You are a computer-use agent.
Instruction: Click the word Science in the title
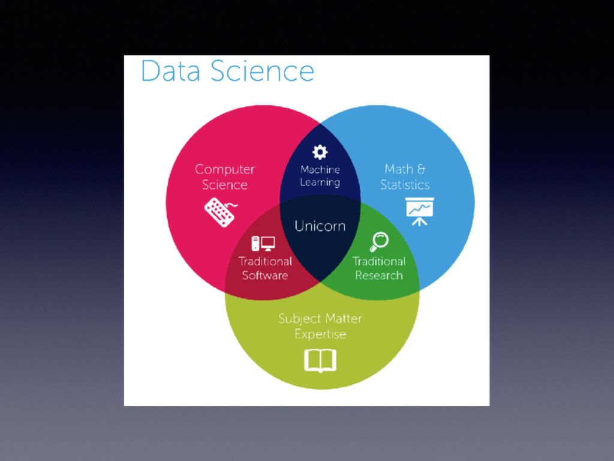(x=263, y=71)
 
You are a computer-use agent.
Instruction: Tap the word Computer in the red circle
(x=225, y=170)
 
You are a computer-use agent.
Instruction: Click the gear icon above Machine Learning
(x=320, y=152)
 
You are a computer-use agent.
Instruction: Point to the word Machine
(x=320, y=170)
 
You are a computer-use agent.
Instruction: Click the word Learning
(x=320, y=182)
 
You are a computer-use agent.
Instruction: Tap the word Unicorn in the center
(x=320, y=226)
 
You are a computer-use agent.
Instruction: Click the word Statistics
(x=405, y=184)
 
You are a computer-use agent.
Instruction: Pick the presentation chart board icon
(x=419, y=211)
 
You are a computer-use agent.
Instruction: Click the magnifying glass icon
(x=379, y=242)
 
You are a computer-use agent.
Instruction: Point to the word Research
(x=379, y=276)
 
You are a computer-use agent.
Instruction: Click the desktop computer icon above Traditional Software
(x=263, y=243)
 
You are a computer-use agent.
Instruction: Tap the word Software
(x=265, y=276)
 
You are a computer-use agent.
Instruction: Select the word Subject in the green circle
(x=297, y=319)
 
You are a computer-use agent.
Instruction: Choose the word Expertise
(x=320, y=334)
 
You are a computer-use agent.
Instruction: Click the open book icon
(x=320, y=361)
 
